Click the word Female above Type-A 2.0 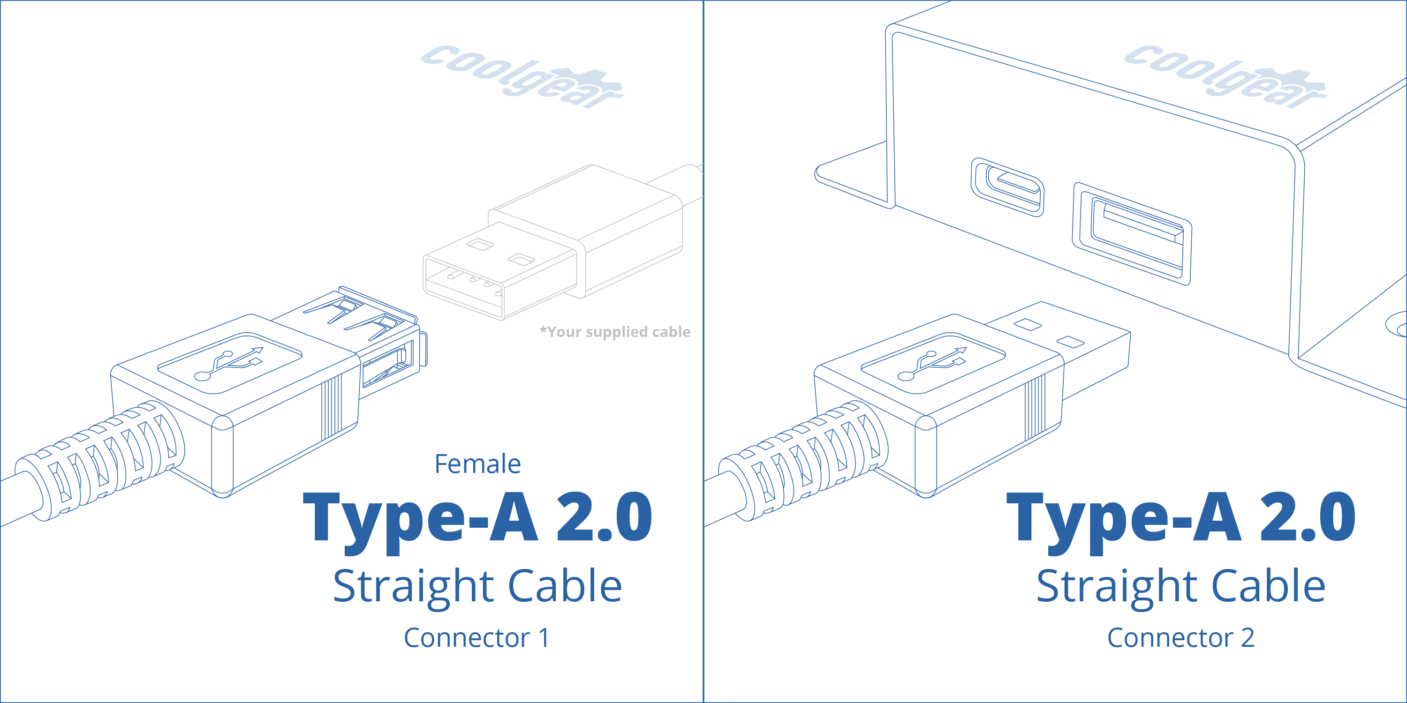[477, 464]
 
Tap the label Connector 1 [477, 637]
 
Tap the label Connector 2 [1180, 637]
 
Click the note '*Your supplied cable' [615, 332]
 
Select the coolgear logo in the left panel [522, 76]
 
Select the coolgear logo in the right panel [1225, 76]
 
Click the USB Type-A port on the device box [1132, 233]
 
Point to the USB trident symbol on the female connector [229, 363]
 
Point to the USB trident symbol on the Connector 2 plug [933, 363]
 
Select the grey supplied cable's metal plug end [492, 273]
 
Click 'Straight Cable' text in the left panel [477, 586]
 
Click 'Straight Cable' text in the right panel [1181, 586]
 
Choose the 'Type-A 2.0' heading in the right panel [1181, 517]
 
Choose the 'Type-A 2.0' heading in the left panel [477, 517]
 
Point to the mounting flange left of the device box [852, 175]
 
